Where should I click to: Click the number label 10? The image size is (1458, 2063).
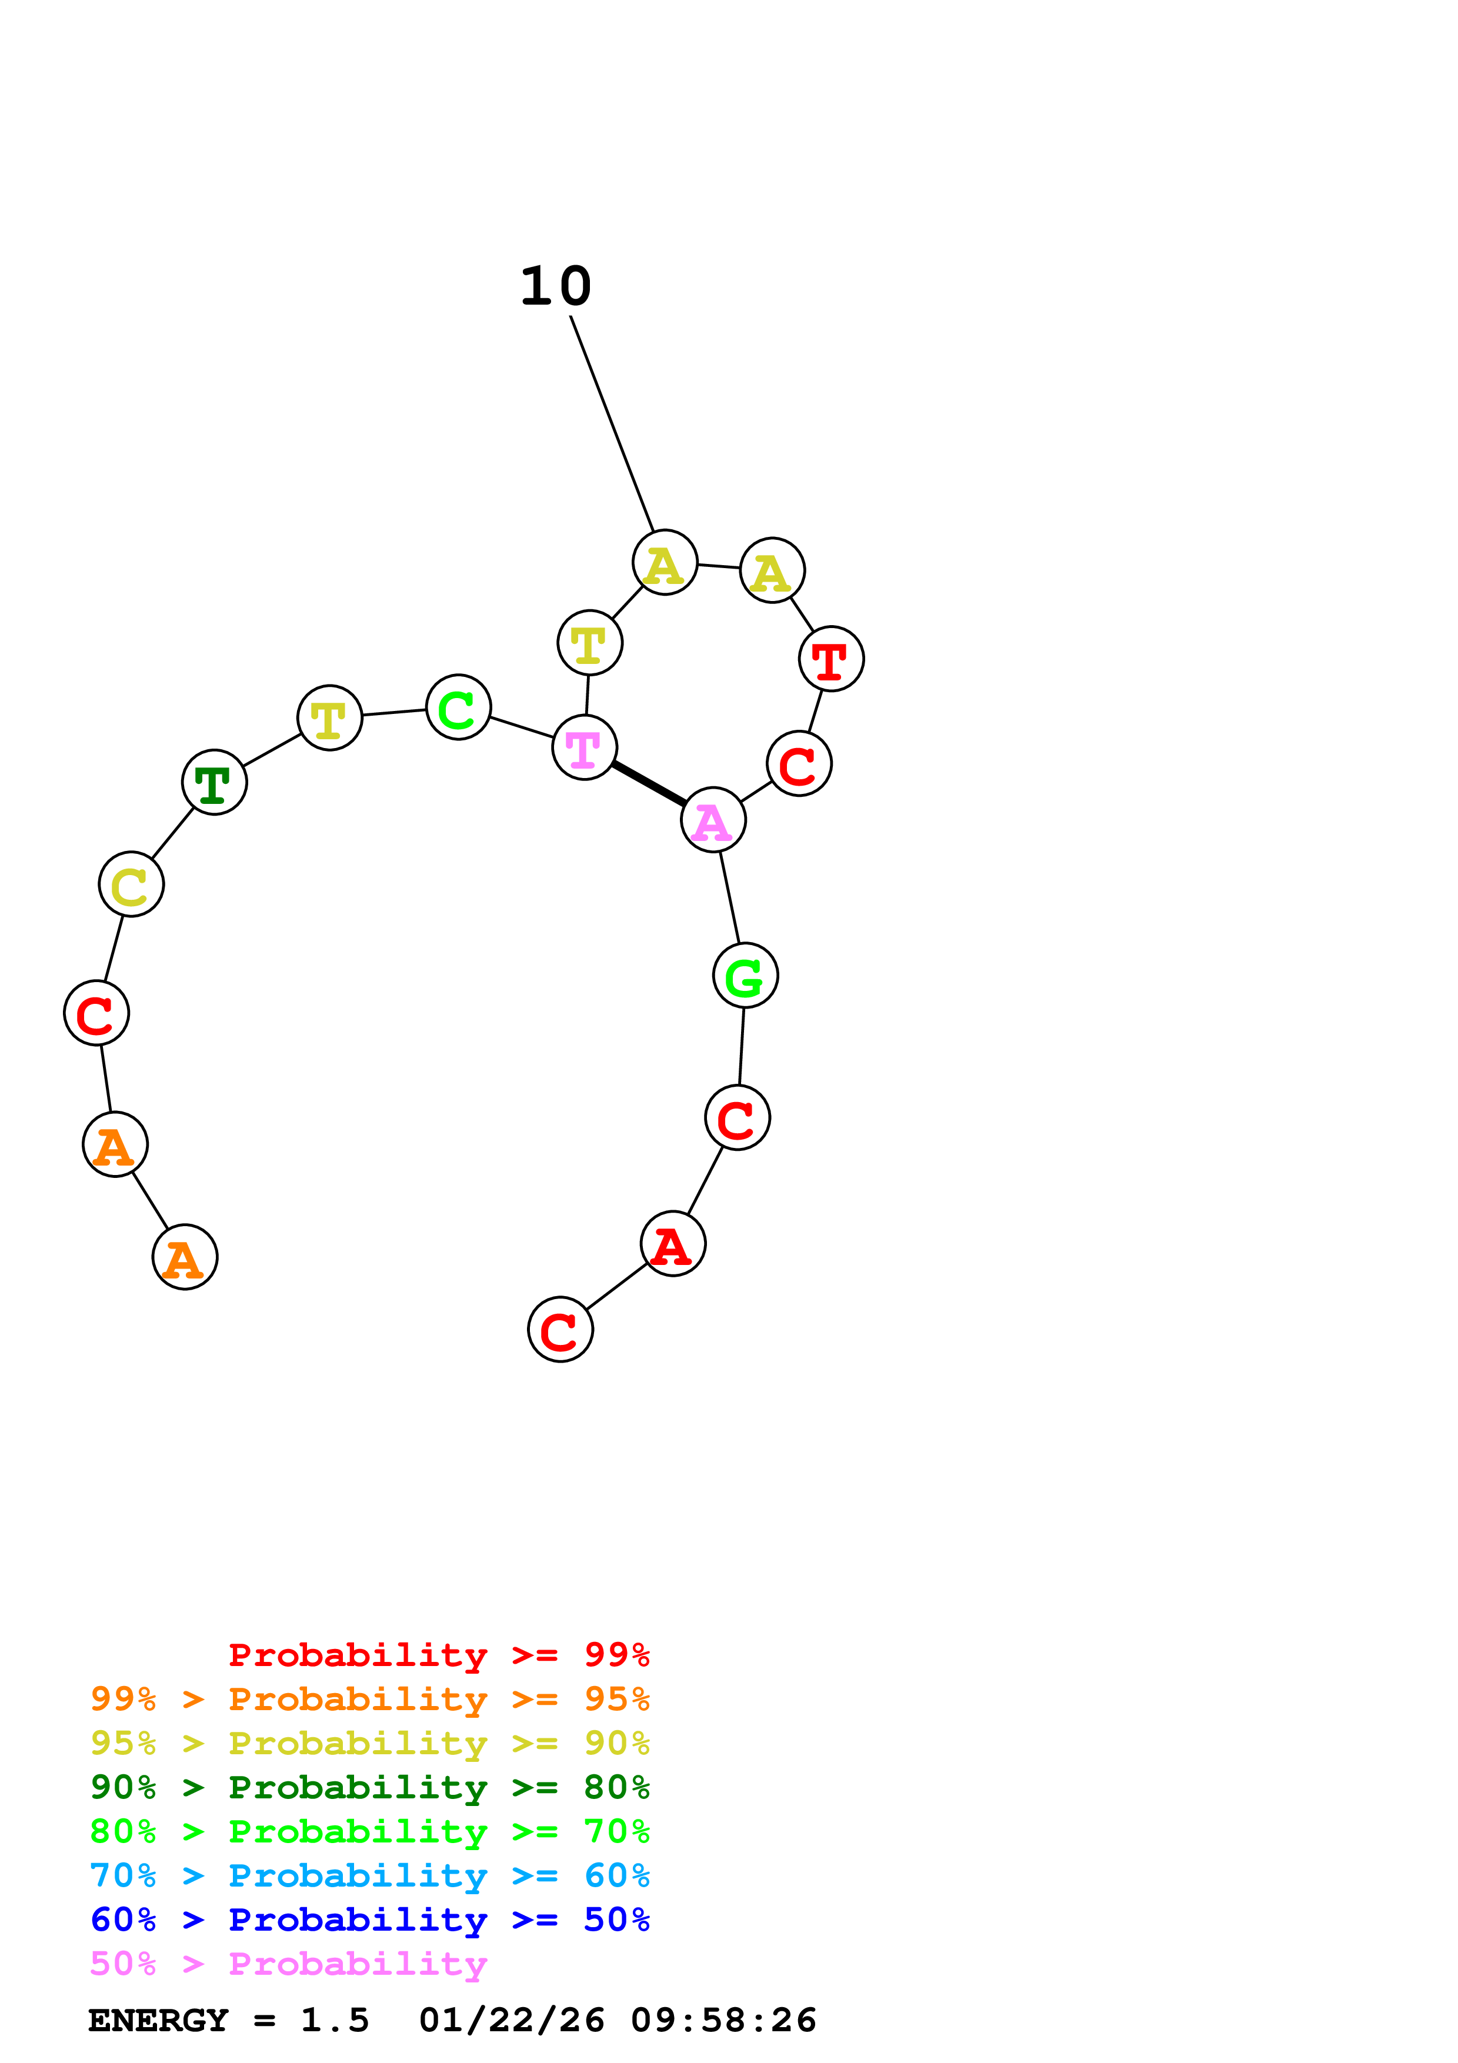[555, 286]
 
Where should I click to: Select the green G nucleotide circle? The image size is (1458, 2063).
[745, 976]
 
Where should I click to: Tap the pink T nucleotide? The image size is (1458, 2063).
[584, 747]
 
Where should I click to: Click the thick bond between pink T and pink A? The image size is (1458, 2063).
[649, 783]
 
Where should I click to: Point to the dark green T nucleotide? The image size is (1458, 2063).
[214, 783]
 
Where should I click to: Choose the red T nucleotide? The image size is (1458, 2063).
[831, 659]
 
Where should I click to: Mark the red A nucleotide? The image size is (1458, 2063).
[673, 1244]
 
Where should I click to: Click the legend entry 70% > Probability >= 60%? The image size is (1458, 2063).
[369, 1876]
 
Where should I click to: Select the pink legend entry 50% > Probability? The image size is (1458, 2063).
[288, 1964]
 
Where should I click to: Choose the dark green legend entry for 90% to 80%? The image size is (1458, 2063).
[369, 1787]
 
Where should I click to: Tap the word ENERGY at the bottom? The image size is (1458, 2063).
[158, 2021]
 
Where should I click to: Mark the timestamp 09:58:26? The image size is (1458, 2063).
[723, 2021]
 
